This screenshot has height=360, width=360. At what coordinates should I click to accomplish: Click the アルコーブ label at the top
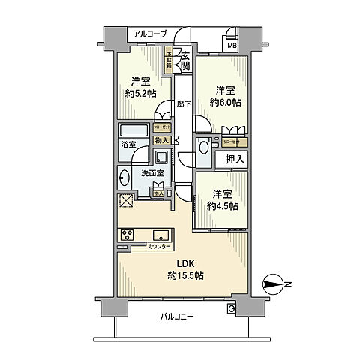tap(150, 34)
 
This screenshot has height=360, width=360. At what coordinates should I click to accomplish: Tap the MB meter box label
tap(232, 45)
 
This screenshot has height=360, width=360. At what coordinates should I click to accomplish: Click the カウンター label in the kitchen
tap(159, 247)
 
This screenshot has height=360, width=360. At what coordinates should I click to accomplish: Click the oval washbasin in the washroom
tap(124, 179)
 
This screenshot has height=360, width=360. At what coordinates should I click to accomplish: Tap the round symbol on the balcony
tap(230, 308)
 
